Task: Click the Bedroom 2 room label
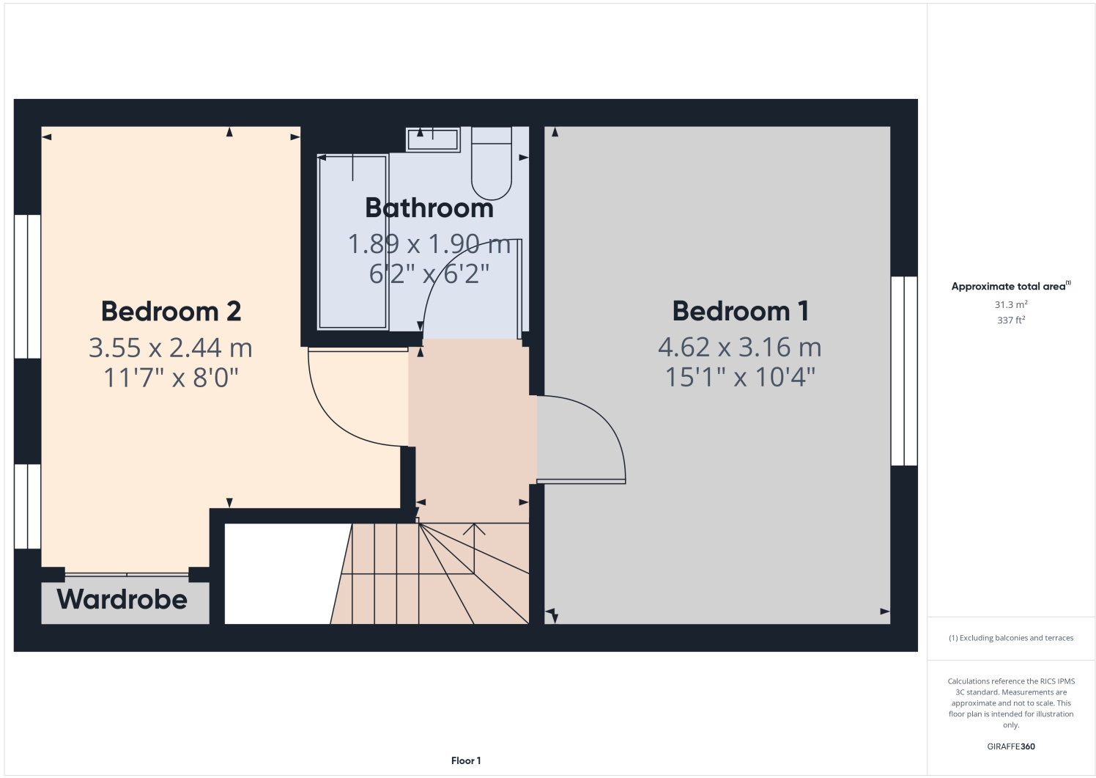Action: (x=171, y=312)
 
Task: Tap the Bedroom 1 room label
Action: (x=740, y=312)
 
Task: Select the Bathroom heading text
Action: (x=429, y=208)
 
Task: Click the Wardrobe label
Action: (x=122, y=600)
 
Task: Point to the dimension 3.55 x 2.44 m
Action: (x=171, y=348)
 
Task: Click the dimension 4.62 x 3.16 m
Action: (x=740, y=347)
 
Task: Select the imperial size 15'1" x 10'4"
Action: (x=740, y=378)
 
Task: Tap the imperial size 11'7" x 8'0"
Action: (x=171, y=378)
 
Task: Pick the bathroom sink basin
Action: (x=433, y=139)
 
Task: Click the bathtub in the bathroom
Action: (x=352, y=242)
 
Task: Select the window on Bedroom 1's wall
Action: (x=904, y=370)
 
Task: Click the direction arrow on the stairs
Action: (x=474, y=529)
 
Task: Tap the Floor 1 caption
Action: (x=466, y=761)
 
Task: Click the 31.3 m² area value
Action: (x=1010, y=305)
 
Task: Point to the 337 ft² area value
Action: (x=1010, y=320)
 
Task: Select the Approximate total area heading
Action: (x=1010, y=287)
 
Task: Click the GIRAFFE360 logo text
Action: (x=1011, y=746)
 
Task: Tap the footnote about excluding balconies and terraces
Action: (x=1011, y=638)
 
